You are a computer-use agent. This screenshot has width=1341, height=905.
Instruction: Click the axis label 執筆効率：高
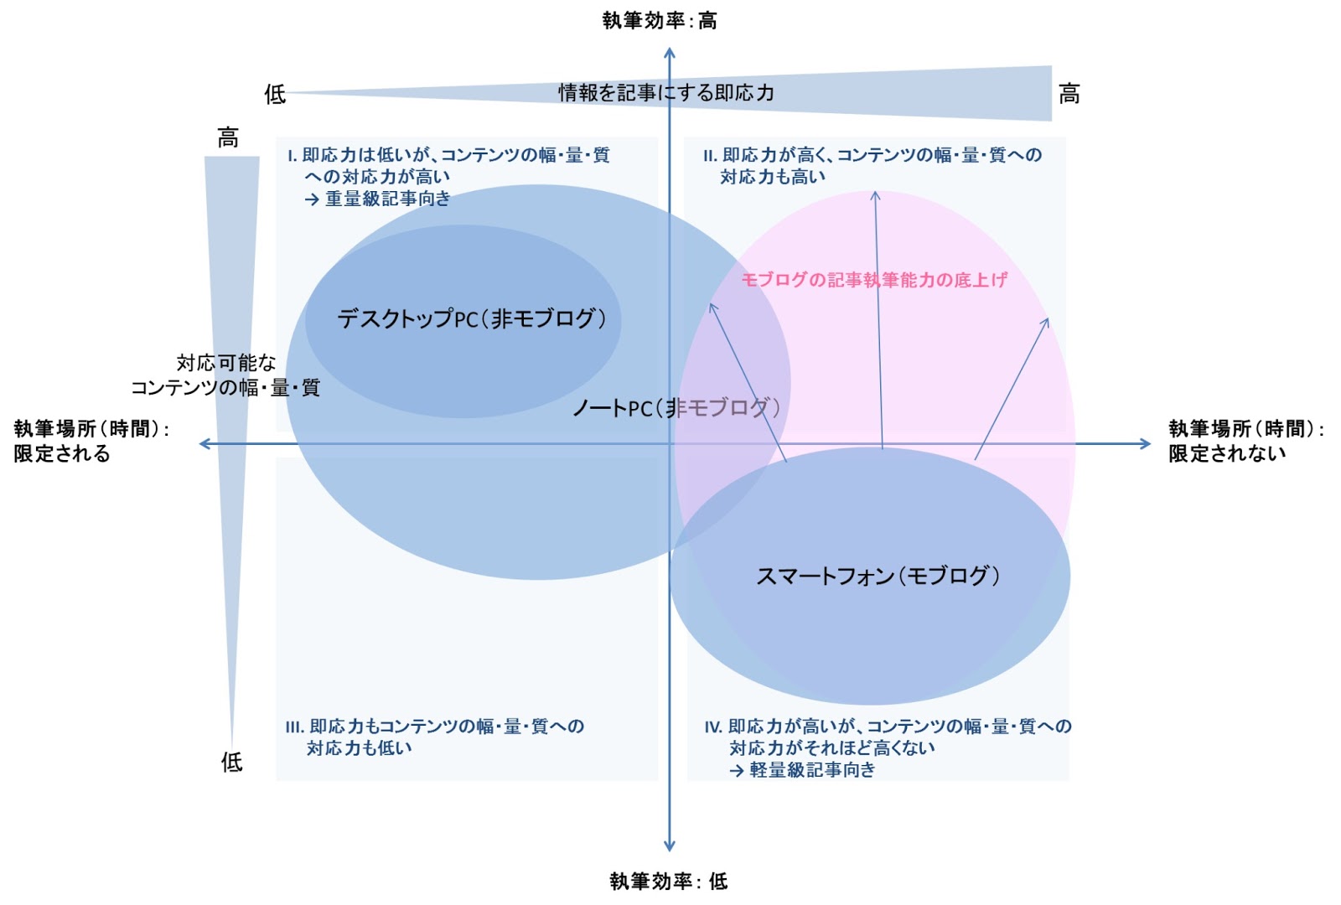660,20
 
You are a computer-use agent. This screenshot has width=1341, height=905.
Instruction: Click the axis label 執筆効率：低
668,881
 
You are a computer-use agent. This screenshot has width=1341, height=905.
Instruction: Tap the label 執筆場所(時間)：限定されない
1245,441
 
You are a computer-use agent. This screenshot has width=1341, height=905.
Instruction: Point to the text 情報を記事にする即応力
666,92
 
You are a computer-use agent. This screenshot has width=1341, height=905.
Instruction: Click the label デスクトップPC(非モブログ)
471,318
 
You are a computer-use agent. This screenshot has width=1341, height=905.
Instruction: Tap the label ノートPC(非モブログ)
676,408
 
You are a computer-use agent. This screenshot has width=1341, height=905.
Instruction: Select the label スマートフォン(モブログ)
878,576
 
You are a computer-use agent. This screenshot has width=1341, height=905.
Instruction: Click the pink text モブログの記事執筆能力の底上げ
873,280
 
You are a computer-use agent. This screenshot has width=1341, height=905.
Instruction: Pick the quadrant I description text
448,176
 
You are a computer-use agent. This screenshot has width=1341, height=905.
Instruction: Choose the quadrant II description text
872,165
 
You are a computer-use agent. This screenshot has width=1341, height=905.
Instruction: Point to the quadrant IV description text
887,747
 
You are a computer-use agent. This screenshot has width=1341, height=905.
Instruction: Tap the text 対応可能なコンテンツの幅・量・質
225,375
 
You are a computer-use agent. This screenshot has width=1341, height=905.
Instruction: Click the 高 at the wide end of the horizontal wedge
1069,94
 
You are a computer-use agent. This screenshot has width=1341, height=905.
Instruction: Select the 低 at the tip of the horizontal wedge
275,94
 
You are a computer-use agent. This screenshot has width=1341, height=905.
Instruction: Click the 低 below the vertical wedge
231,762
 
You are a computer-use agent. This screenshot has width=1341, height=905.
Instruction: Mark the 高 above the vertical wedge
227,137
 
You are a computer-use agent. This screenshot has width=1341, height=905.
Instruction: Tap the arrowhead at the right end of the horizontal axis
1146,443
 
